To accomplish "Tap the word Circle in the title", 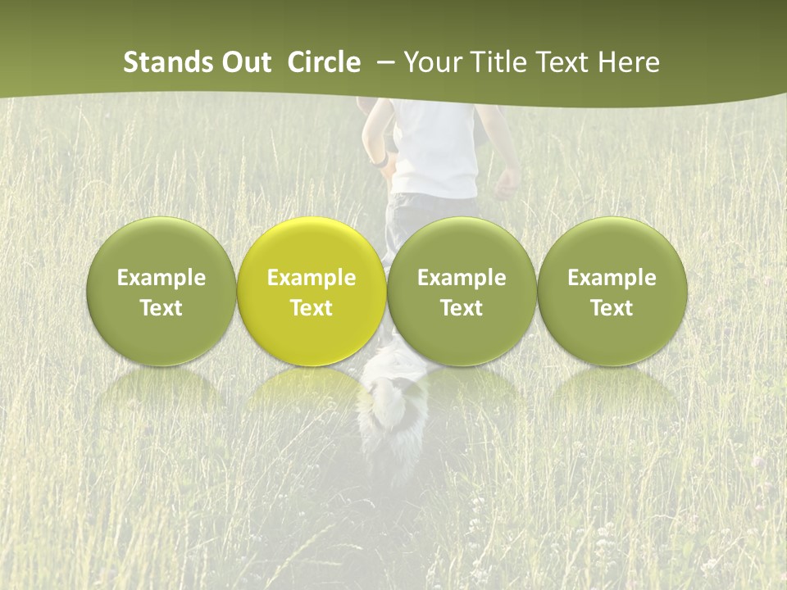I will pos(323,62).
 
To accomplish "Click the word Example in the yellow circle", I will pos(312,278).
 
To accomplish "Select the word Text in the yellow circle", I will pos(312,308).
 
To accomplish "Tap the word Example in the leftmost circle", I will pos(161,278).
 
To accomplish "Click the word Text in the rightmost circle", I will pos(612,308).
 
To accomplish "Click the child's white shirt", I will pos(434,147).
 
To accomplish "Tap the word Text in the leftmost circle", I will pos(161,308).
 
